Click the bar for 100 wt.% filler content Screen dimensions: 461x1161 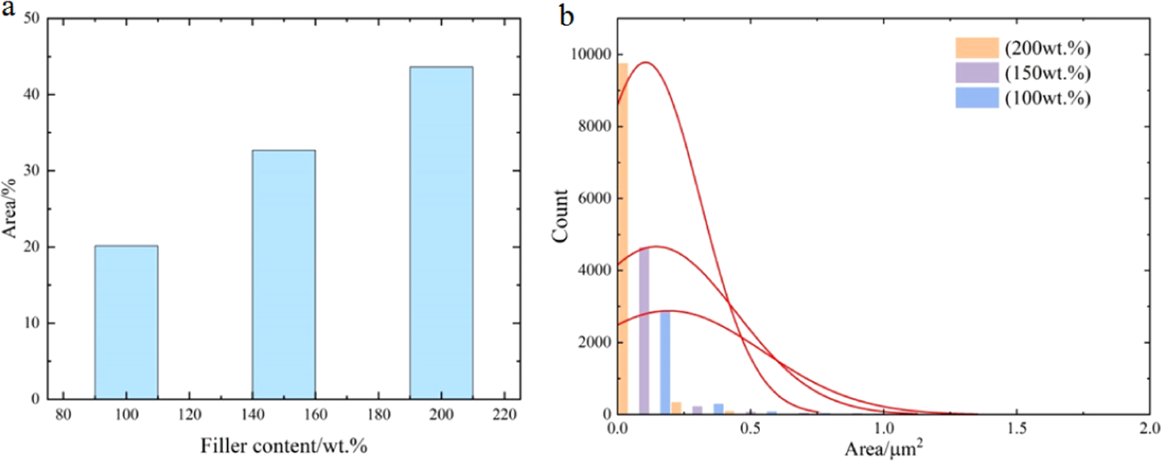126,322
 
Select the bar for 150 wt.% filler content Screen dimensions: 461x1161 284,275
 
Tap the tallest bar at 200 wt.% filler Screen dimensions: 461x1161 441,233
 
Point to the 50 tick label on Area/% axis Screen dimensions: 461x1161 30,18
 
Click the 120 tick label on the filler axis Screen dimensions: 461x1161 190,414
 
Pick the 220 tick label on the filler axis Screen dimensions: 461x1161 504,414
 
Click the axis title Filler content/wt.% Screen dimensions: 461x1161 284,446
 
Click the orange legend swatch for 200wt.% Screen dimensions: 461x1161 977,48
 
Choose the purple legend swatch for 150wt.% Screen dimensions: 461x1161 977,73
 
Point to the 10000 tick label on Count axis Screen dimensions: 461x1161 591,55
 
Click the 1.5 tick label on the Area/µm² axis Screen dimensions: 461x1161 1016,429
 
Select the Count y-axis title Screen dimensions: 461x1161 561,215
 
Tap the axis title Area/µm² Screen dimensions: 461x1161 883,448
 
